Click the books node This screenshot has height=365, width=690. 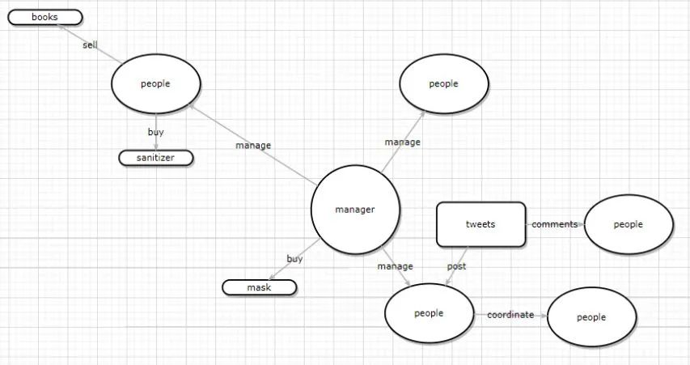coord(45,17)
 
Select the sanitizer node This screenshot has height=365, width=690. coord(156,158)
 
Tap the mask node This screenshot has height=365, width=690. coord(260,287)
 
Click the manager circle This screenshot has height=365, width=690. coord(355,210)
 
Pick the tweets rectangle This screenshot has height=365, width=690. coord(480,224)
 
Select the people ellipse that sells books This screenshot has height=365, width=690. coord(155,83)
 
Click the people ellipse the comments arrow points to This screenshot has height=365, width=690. coord(628,224)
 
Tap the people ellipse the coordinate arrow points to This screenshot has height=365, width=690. coord(591,317)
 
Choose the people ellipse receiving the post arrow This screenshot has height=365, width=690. coord(429,313)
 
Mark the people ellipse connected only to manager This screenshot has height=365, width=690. coord(443,83)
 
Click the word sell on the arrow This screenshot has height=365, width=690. coord(90,45)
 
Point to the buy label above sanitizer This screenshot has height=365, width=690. coord(155,131)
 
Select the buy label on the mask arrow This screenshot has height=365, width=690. coord(294,259)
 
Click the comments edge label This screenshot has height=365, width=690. coord(554,224)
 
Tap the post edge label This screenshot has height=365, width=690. coord(456,265)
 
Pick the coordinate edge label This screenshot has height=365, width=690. coord(510,315)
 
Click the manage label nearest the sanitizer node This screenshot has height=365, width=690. coord(253,146)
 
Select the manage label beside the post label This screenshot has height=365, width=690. coord(395,266)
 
